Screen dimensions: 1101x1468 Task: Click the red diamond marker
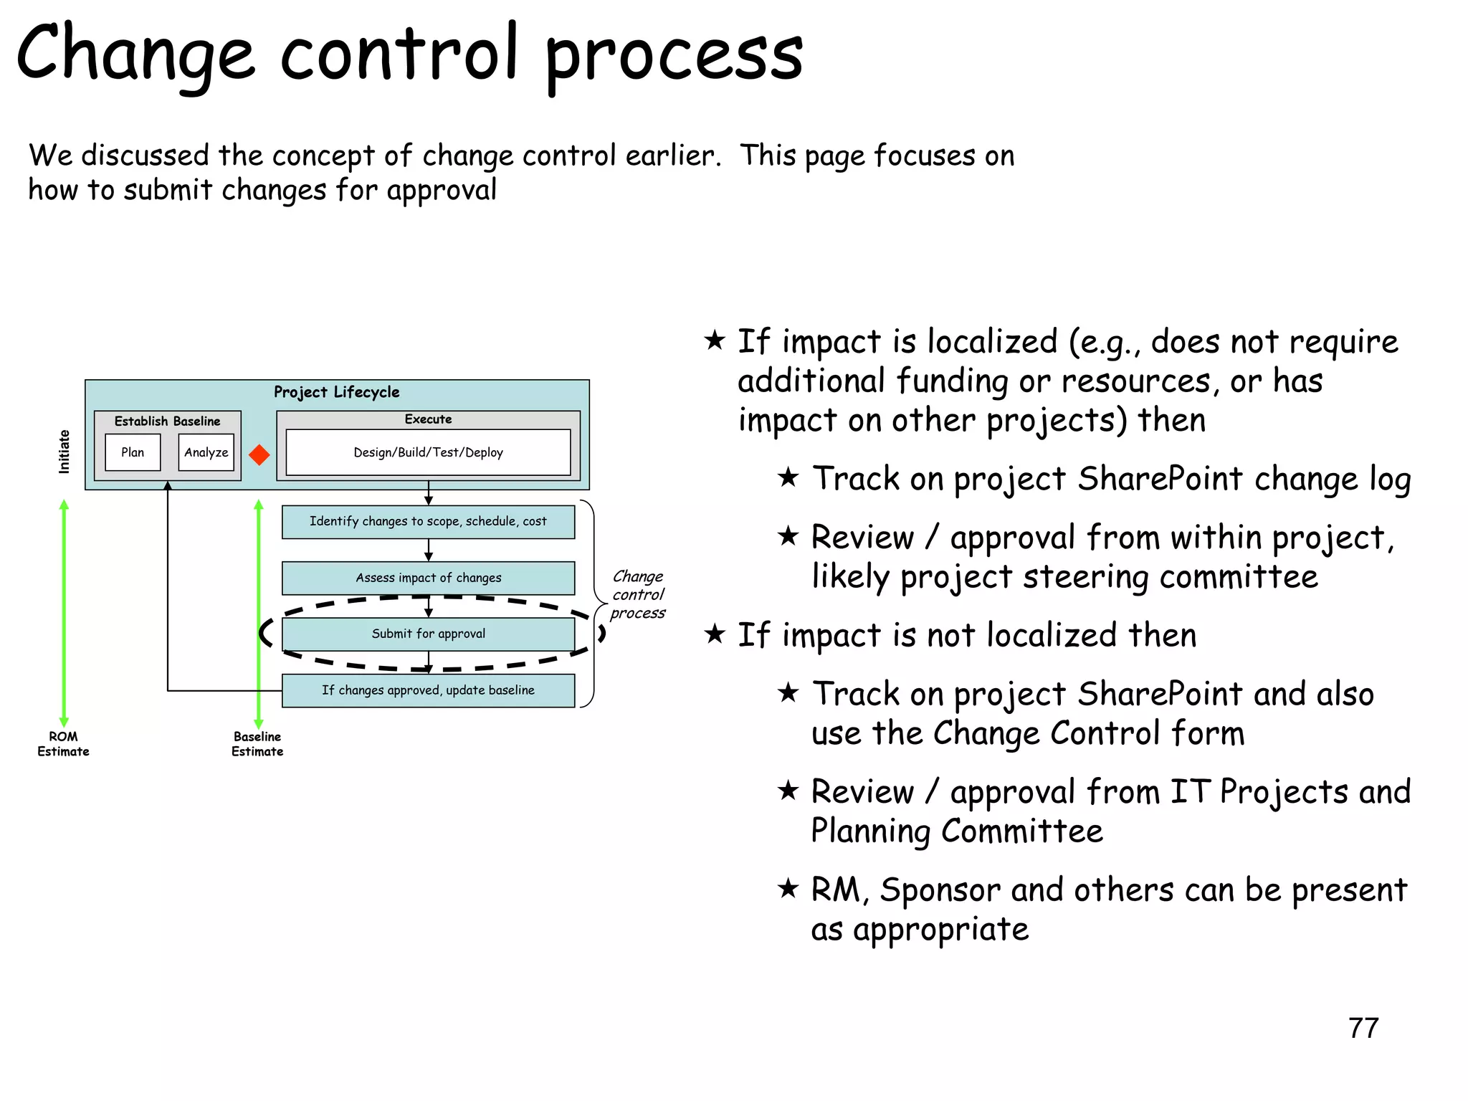pyautogui.click(x=259, y=454)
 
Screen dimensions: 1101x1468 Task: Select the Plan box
pyautogui.click(x=133, y=452)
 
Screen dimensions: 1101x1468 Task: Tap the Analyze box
pyautogui.click(x=206, y=452)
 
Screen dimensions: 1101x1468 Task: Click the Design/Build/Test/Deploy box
pyautogui.click(x=428, y=452)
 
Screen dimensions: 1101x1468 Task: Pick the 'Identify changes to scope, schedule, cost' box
pyautogui.click(x=428, y=522)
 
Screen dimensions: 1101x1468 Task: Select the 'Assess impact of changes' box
pyautogui.click(x=428, y=578)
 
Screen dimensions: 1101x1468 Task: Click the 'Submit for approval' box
pyautogui.click(x=428, y=634)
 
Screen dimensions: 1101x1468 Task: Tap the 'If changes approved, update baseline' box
pyautogui.click(x=428, y=690)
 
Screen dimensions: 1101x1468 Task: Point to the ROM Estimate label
pyautogui.click(x=63, y=744)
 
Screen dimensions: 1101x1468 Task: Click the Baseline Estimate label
pyautogui.click(x=257, y=744)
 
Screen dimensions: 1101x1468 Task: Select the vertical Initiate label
pyautogui.click(x=65, y=452)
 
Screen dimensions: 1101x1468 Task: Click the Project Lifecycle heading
pyautogui.click(x=336, y=392)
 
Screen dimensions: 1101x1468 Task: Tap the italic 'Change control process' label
pyautogui.click(x=637, y=594)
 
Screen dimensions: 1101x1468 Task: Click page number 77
pyautogui.click(x=1363, y=1028)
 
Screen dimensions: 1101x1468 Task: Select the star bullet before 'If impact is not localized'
pyautogui.click(x=715, y=633)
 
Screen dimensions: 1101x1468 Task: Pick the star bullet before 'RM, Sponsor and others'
pyautogui.click(x=788, y=888)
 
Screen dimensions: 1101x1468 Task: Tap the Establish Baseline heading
pyautogui.click(x=167, y=421)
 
